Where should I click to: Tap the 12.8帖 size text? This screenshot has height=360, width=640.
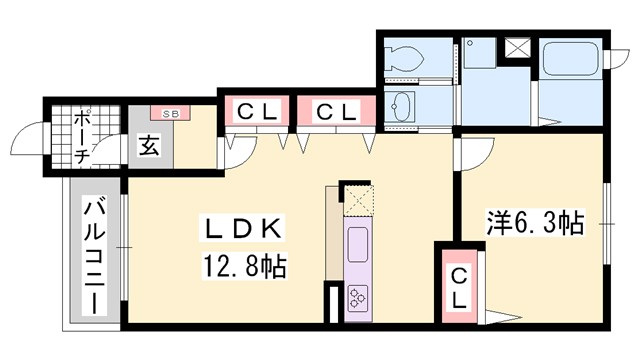coord(246,267)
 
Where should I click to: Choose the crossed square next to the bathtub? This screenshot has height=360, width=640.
coord(520,47)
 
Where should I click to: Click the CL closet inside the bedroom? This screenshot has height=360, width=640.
coord(459,287)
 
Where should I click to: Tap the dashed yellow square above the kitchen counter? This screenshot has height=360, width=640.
coord(358,200)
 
